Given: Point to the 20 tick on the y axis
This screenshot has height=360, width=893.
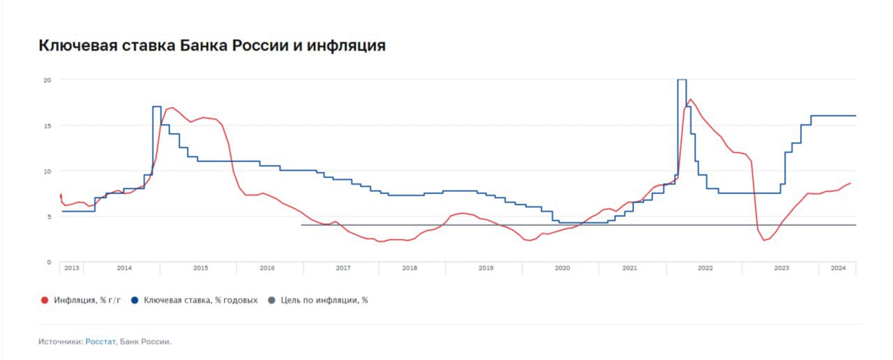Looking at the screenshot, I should (x=48, y=80).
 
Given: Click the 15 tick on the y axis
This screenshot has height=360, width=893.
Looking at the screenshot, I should (x=48, y=126).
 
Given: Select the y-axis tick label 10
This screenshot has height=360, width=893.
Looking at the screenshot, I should (x=48, y=171).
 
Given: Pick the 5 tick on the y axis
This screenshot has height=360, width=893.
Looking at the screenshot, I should (x=49, y=216).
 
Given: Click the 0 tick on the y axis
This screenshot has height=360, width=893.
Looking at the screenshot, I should (x=49, y=262).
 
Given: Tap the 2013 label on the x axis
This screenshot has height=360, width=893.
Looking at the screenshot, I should (x=72, y=268).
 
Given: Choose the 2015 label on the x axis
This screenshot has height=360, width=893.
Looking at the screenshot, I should (x=200, y=268).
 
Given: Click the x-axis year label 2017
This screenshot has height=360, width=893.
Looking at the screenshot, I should (x=343, y=268).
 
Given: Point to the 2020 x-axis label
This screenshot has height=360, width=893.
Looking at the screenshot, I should (x=562, y=268).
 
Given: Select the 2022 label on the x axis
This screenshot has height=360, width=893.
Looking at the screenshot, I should (x=705, y=268).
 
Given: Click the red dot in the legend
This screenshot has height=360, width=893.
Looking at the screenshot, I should (x=45, y=300).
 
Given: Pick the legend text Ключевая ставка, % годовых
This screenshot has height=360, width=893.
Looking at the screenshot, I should (x=200, y=300).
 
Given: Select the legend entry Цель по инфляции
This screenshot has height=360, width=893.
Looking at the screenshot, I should (x=324, y=300).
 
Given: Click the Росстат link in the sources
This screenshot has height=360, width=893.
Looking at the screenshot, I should (x=100, y=342).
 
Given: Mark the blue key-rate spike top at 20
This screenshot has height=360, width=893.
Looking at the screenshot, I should (x=682, y=80).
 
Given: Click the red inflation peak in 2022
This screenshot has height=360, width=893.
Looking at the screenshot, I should (x=691, y=99).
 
